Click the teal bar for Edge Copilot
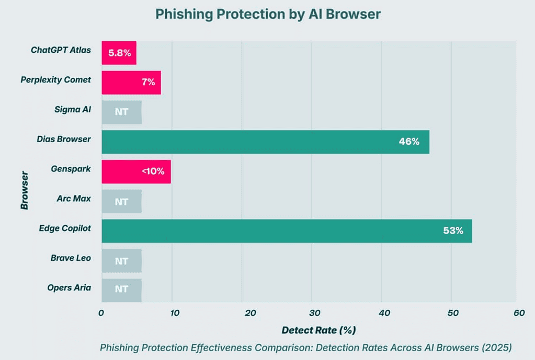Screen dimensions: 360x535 click(x=287, y=231)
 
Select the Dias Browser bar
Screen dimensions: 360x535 click(x=265, y=142)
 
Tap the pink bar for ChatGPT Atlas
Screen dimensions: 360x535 click(x=119, y=53)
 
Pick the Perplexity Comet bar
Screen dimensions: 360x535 click(x=131, y=83)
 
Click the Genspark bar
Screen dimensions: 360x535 click(x=136, y=172)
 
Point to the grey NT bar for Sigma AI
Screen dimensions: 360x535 click(x=121, y=112)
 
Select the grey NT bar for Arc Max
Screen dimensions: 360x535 click(x=121, y=202)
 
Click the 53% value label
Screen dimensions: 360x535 click(x=453, y=231)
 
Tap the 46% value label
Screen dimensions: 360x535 click(x=409, y=142)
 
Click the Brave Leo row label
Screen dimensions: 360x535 click(x=71, y=258)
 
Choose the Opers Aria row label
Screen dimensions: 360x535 click(x=69, y=288)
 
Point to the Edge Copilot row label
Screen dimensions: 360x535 click(x=65, y=228)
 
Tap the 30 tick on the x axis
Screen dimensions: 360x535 click(x=311, y=313)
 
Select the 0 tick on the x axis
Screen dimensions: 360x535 click(x=101, y=313)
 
